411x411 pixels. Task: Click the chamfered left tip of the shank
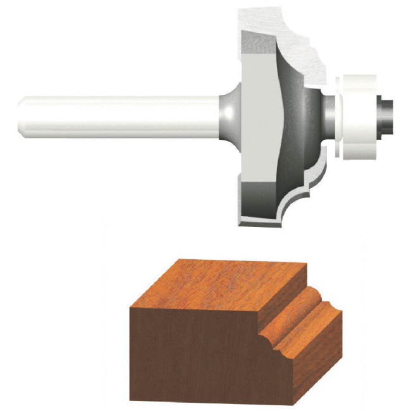click(23, 117)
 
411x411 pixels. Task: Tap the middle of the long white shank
click(120, 117)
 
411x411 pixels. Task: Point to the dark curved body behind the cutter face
click(297, 120)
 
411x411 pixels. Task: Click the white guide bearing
click(357, 117)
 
